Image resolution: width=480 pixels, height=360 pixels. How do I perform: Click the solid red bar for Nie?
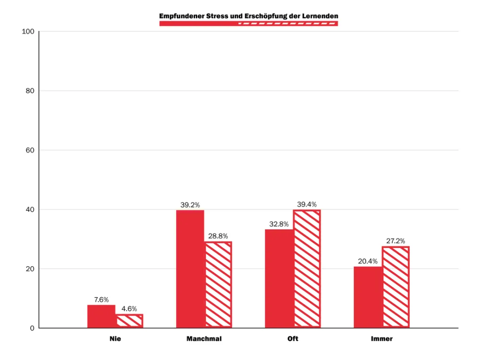coord(101,316)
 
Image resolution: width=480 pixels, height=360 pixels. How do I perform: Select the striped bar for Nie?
coord(130,321)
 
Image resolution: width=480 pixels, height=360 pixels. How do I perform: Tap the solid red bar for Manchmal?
coord(190,269)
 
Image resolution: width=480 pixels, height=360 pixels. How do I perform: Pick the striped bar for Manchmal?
coord(218,285)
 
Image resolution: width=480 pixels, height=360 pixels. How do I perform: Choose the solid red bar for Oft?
coord(279,278)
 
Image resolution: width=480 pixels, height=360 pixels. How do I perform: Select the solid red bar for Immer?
coord(368,297)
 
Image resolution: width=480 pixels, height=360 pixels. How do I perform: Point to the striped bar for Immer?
coord(396,287)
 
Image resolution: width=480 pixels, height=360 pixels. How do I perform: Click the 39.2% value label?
coord(190,205)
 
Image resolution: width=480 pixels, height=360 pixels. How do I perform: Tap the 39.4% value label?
coord(307,204)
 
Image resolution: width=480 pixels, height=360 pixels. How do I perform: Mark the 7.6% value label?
coord(101,300)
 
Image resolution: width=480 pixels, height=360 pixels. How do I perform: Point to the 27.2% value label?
coord(396,241)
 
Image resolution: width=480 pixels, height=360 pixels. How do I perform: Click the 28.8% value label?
coord(218,236)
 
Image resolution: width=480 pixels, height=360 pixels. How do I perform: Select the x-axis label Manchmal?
coord(204,339)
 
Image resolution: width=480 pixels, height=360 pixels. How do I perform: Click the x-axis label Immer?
coord(382,339)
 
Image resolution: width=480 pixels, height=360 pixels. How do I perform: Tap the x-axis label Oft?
coord(293,339)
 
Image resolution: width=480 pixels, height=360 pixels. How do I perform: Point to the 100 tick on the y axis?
coord(28,31)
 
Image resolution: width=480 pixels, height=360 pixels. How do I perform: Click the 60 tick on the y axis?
coord(30,150)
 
